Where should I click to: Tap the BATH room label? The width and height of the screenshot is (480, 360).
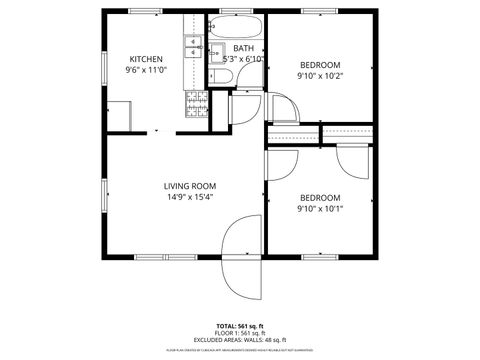(243, 48)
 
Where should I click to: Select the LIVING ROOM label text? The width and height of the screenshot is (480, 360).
(190, 185)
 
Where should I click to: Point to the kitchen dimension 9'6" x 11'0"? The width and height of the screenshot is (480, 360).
(145, 71)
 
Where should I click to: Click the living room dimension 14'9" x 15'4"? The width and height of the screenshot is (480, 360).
(190, 197)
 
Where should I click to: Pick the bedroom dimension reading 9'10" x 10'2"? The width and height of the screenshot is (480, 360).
(320, 75)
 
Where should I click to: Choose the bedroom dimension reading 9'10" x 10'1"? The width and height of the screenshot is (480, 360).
(320, 209)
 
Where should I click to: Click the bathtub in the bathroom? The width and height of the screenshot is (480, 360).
(237, 26)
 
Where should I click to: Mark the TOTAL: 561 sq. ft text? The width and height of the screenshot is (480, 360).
(240, 326)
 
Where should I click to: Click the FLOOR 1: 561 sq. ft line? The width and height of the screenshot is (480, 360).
(240, 333)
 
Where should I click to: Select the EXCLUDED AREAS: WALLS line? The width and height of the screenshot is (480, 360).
(240, 340)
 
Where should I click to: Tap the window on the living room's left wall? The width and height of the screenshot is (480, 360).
(103, 195)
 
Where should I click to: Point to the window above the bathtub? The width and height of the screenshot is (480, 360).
(237, 11)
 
